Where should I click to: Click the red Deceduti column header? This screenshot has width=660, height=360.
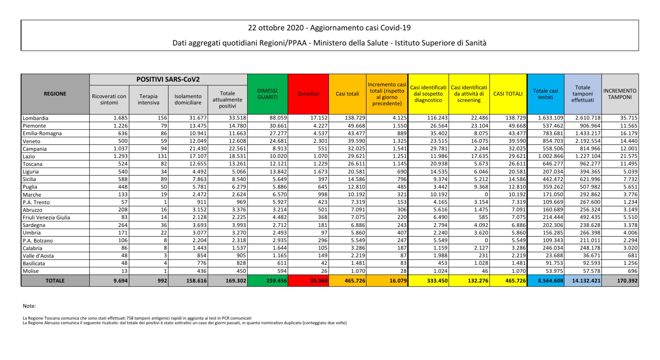tap(308, 94)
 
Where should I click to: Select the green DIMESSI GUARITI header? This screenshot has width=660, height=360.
tap(267, 94)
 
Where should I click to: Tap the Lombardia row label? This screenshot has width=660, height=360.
tap(35, 118)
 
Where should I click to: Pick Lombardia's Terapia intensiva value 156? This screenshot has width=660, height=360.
tap(162, 118)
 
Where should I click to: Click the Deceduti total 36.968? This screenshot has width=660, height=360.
tap(319, 281)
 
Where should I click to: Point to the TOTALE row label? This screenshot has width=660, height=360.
tap(55, 281)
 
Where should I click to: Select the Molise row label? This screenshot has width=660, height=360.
tap(31, 271)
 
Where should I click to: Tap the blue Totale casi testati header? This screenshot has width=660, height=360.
tap(545, 94)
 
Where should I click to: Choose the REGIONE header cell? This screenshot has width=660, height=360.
tap(55, 94)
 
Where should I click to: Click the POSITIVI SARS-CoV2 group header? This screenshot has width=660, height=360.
tap(168, 79)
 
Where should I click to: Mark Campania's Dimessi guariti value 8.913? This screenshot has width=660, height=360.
tap(278, 148)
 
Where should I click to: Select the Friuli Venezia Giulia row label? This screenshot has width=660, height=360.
tap(46, 217)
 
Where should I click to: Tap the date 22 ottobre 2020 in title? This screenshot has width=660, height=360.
tap(276, 28)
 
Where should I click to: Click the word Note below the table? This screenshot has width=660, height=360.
tap(29, 306)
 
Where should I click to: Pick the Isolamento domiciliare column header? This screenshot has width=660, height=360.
tap(188, 100)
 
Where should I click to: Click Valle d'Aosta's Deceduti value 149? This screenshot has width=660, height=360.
tap(322, 256)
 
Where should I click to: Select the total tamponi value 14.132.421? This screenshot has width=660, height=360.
tap(586, 281)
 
